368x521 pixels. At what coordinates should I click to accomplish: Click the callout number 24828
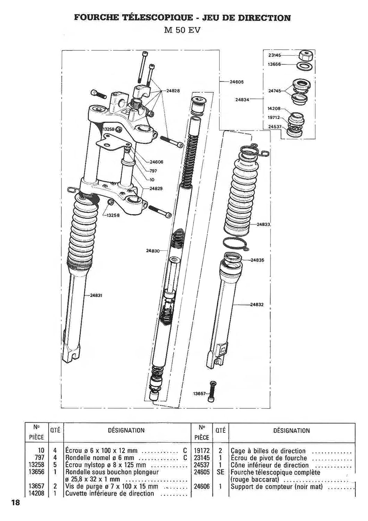tap(173, 91)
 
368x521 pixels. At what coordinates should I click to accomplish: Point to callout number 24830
tap(153, 250)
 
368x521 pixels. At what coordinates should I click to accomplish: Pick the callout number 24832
tap(257, 305)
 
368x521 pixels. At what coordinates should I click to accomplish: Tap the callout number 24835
tap(257, 260)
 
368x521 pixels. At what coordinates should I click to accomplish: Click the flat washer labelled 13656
tap(305, 66)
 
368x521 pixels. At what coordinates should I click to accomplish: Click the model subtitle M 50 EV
tap(182, 31)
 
